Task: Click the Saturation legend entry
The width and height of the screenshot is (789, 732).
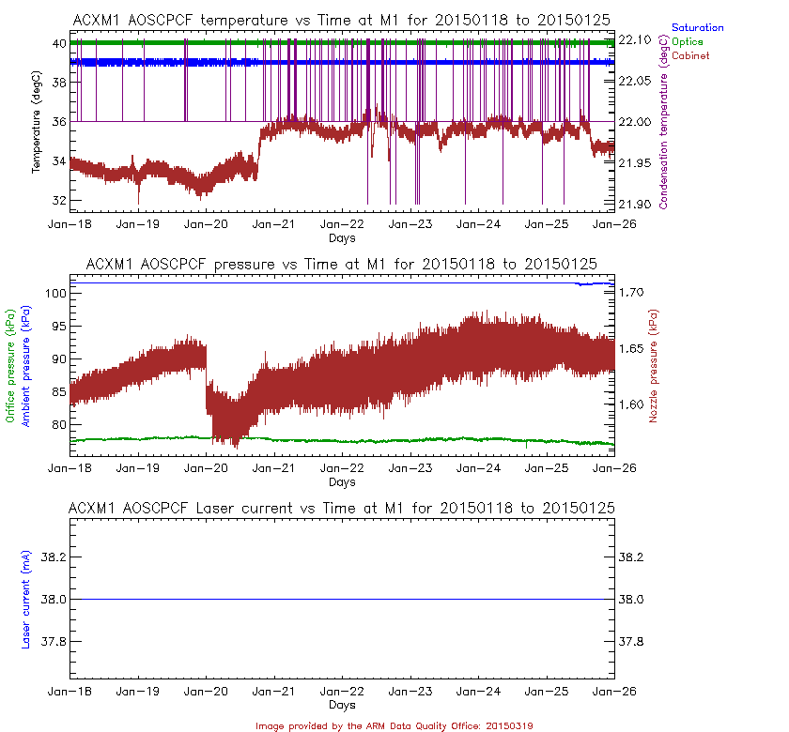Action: coord(697,28)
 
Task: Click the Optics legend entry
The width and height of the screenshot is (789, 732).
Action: coord(688,41)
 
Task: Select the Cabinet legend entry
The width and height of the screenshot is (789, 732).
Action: coord(690,55)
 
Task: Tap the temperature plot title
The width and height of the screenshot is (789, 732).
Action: coord(342,20)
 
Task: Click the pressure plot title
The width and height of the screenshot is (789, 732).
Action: coord(342,264)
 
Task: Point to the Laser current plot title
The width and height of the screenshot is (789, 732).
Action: coord(342,508)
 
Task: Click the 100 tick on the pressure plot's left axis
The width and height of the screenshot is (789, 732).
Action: coord(53,294)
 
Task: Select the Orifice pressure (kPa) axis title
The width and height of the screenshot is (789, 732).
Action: coord(11,367)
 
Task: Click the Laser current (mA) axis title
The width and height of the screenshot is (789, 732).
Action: coord(26,600)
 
